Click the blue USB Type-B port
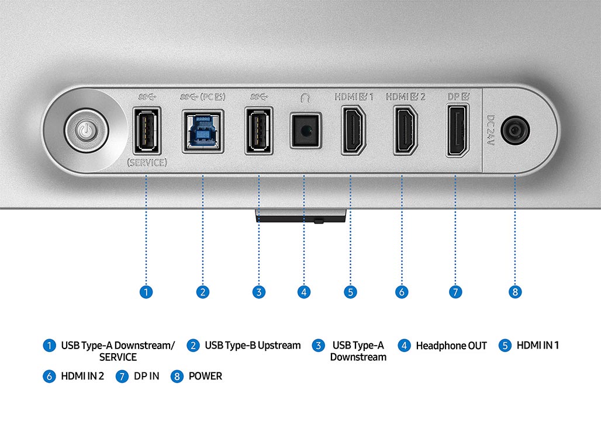coord(203,131)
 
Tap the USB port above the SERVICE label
coord(146,130)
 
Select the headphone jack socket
coord(305,131)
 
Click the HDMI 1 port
coord(353,131)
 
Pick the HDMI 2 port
coord(406,131)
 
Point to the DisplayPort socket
coord(458,131)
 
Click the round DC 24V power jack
coord(515,131)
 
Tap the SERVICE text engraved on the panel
coord(147,163)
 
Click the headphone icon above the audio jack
coord(305,98)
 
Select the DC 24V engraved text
coord(491,130)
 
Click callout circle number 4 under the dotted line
coord(304,292)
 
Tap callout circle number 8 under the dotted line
coord(515,292)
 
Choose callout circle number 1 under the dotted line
coord(146,292)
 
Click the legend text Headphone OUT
coord(451,346)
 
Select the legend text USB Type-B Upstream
coord(253,346)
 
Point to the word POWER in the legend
coord(205,376)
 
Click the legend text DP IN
coord(146,376)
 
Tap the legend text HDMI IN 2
coord(82,376)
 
